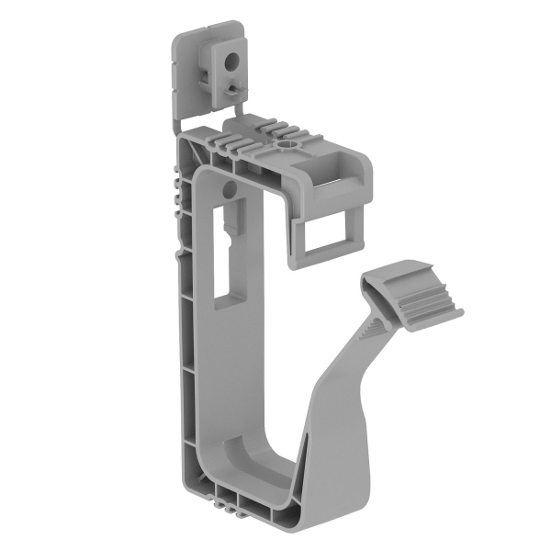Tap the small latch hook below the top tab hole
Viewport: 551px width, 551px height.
pyautogui.click(x=237, y=86)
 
